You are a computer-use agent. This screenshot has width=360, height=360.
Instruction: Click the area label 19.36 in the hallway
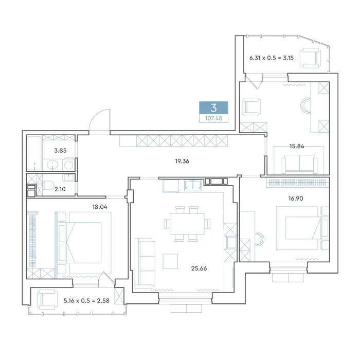182,161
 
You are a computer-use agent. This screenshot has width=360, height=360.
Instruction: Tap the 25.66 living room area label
199,268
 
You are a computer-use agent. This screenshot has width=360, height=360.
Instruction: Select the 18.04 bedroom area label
100,207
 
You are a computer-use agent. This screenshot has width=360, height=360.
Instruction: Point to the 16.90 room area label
296,198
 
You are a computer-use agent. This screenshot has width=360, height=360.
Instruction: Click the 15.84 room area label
297,146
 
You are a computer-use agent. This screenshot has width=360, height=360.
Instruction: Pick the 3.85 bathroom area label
60,150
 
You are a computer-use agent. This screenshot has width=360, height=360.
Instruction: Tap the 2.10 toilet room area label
60,189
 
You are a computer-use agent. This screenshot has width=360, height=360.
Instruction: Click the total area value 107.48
213,118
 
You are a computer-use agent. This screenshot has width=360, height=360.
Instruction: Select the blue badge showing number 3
213,107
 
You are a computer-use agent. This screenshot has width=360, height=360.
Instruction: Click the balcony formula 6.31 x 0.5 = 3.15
272,58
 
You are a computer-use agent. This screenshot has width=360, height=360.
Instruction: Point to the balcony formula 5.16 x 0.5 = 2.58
86,300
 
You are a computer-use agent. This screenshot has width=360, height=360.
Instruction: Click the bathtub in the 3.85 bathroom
34,153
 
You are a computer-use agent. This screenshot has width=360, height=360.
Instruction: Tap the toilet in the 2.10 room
48,185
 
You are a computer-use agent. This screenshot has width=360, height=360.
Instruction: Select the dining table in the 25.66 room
187,224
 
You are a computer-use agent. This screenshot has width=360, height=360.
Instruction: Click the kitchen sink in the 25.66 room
193,186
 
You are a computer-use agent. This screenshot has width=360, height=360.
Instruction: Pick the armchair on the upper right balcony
311,58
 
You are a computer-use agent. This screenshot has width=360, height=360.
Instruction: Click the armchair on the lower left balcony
47,300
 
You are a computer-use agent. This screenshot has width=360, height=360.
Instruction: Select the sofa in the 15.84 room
299,164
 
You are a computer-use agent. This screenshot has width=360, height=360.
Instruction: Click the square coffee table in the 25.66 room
170,261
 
